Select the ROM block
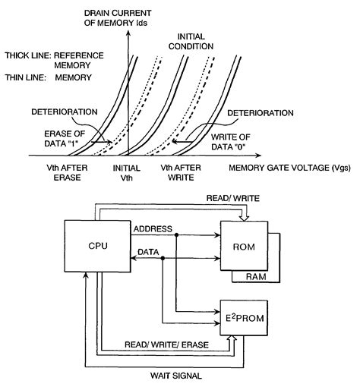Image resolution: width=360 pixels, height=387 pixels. (x=244, y=247)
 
